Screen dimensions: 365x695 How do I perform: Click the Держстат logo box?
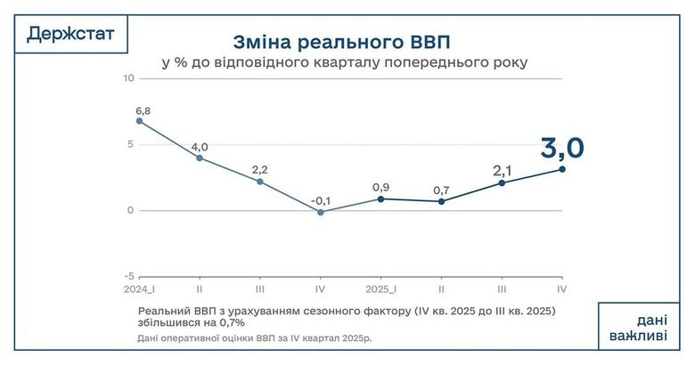70,35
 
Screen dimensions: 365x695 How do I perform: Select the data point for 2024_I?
139,121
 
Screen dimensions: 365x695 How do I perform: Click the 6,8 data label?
142,110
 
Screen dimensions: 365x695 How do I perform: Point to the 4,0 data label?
200,147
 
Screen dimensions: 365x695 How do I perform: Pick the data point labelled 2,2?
260,182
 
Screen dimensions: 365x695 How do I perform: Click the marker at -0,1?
321,212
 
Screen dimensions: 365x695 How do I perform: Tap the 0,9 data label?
380,188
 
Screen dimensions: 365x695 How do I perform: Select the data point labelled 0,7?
442,201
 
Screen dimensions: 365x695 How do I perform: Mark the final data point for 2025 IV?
562,169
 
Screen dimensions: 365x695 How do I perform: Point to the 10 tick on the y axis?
128,78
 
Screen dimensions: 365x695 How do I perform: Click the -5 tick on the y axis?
128,276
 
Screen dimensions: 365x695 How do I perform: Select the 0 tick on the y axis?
130,211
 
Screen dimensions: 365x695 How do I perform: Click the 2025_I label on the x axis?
380,290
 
